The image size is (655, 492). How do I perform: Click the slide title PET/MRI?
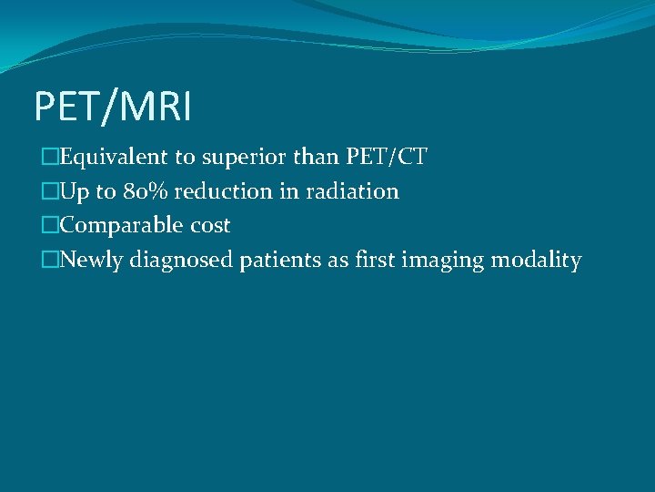pos(113,108)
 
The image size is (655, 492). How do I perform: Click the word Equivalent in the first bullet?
pos(107,158)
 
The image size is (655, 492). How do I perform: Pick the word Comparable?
pos(113,225)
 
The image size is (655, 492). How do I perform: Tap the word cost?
pos(211,225)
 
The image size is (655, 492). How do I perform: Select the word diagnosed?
pos(182,261)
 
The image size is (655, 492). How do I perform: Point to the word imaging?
pos(442,261)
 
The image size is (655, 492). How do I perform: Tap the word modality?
pos(536,261)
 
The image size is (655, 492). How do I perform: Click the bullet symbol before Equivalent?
pos(49,158)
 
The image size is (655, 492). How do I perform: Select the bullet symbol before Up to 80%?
pos(49,191)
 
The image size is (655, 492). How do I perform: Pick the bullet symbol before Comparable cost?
pos(49,225)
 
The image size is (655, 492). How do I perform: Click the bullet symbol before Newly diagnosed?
pos(49,260)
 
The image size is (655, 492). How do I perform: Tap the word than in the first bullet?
pos(319,158)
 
